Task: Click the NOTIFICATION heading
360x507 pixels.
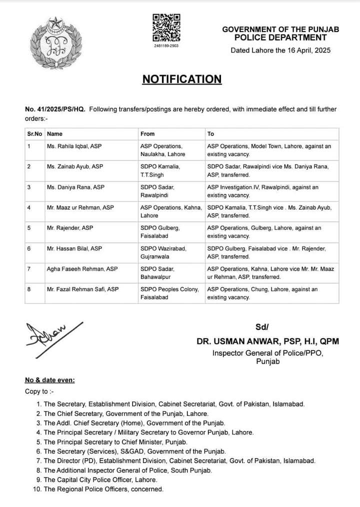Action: coord(181,79)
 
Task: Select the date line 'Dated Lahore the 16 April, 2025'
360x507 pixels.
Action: coord(280,50)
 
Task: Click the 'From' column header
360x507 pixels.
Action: coord(147,134)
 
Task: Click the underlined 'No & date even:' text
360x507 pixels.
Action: coord(50,380)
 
